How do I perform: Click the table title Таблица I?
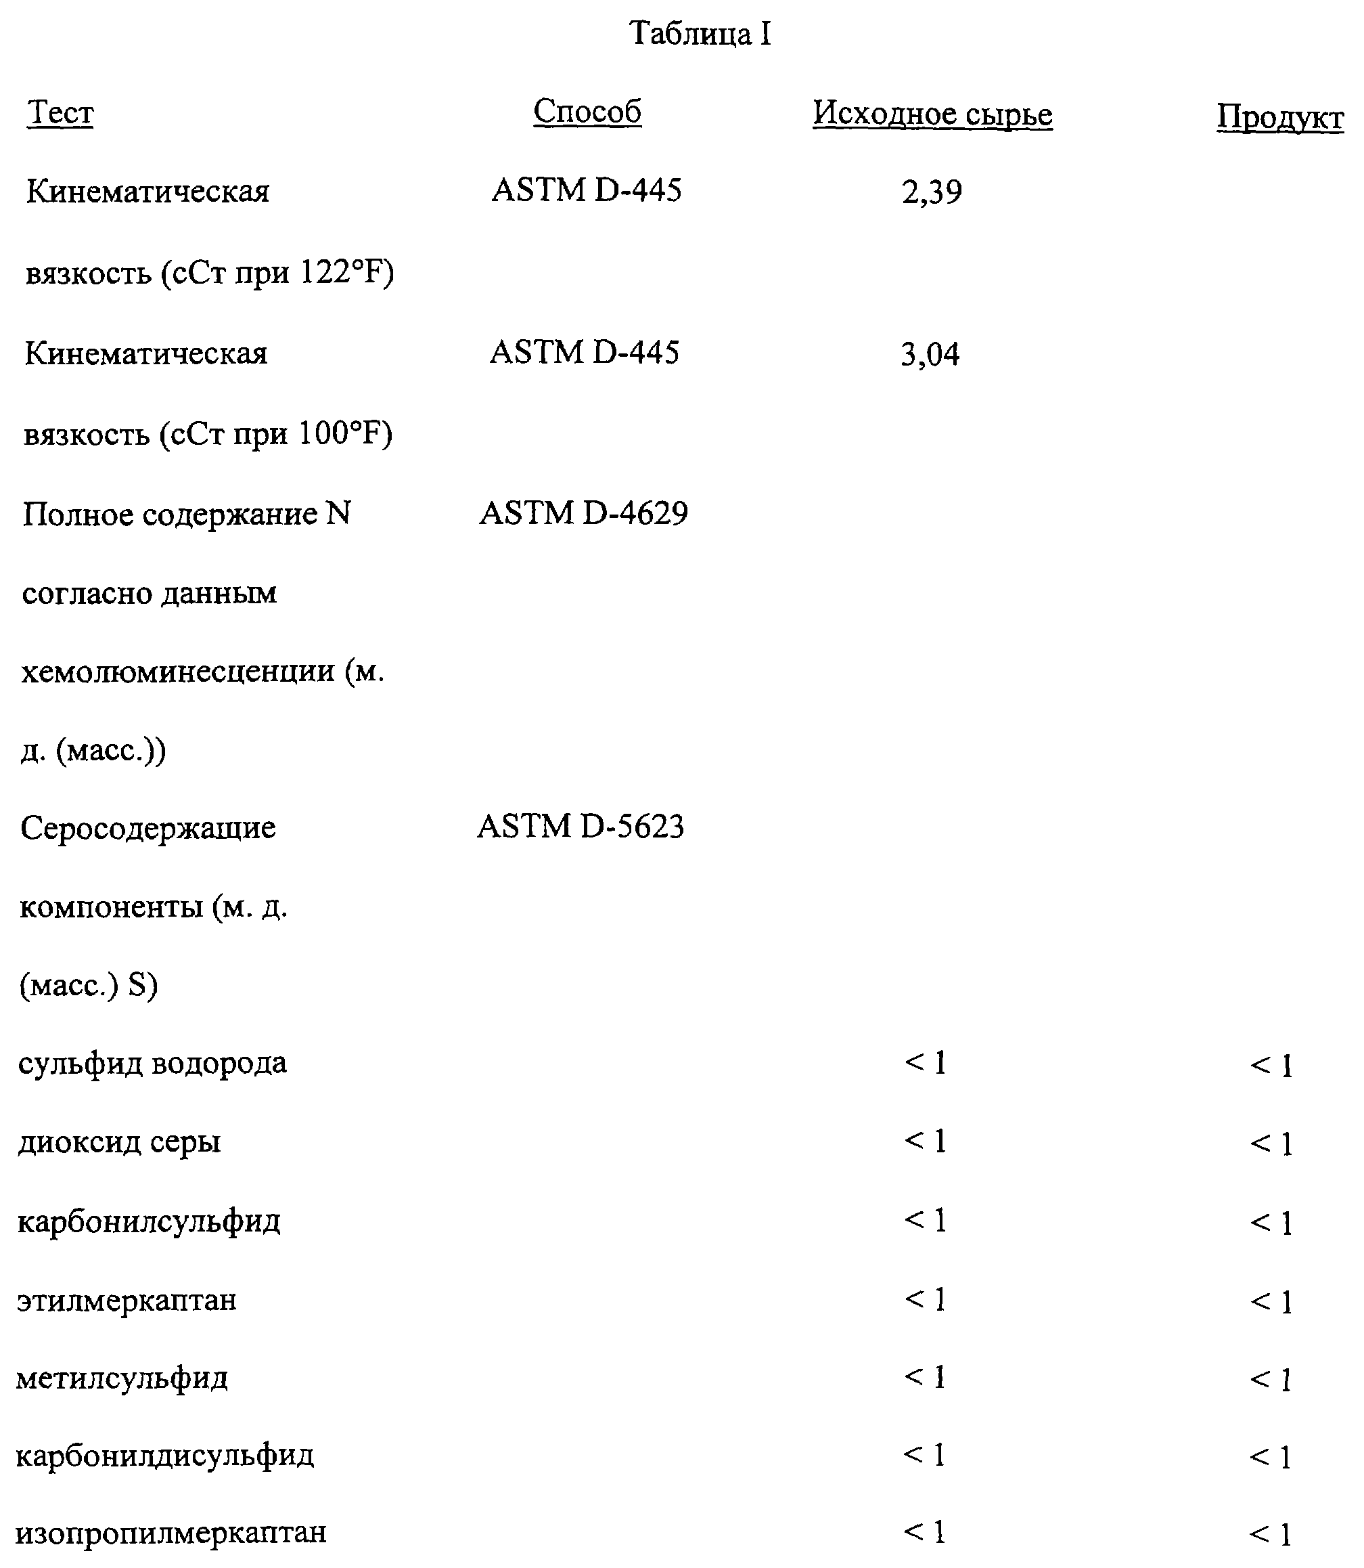click(700, 35)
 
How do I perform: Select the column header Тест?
click(60, 114)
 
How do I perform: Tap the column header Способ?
click(587, 112)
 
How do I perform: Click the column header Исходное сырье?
click(932, 115)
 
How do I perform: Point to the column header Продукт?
click(1280, 118)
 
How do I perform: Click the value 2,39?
click(932, 192)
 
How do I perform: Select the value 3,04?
click(930, 355)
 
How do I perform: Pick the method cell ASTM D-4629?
click(583, 514)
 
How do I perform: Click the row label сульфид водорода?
click(152, 1063)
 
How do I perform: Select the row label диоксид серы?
click(120, 1142)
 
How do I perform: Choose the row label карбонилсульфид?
click(148, 1221)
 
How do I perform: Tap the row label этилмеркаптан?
click(127, 1300)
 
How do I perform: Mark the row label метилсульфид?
click(122, 1378)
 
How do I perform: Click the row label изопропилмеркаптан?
click(170, 1532)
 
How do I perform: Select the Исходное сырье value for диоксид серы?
click(926, 1141)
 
